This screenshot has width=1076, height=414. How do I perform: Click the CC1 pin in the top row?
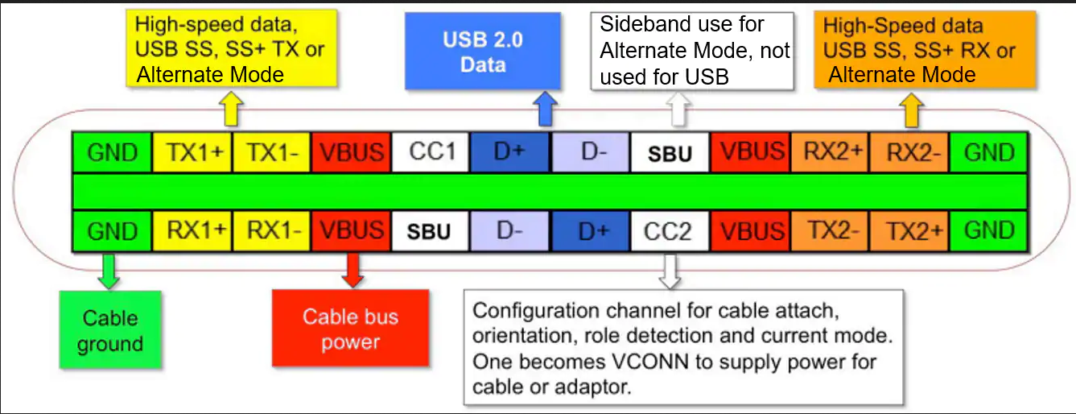coord(431,152)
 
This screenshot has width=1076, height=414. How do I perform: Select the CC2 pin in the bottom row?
coord(670,231)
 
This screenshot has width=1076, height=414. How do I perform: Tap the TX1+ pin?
coord(192,152)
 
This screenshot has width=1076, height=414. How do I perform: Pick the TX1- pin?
coord(271,152)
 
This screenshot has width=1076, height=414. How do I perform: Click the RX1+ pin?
coord(192,231)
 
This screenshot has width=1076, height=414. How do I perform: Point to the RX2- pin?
coord(909,152)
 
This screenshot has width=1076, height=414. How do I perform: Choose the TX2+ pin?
coord(909,231)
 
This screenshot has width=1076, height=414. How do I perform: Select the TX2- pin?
coord(830,231)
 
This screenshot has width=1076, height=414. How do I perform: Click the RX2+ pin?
coord(830,152)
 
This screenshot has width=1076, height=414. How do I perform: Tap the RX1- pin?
coord(271,231)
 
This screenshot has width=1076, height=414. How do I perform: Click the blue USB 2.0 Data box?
coord(483,51)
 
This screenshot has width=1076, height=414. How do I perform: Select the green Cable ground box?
coord(110,330)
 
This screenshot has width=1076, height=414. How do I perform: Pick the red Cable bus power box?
coord(351,328)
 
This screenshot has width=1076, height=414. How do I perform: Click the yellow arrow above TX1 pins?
coord(232,109)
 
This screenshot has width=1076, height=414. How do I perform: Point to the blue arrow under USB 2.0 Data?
coord(545,109)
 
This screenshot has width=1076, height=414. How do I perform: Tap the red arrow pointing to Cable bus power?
coord(352,271)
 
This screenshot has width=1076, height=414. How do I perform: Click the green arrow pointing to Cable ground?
coord(109,271)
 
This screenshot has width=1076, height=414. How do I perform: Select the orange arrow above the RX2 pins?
coord(911,110)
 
